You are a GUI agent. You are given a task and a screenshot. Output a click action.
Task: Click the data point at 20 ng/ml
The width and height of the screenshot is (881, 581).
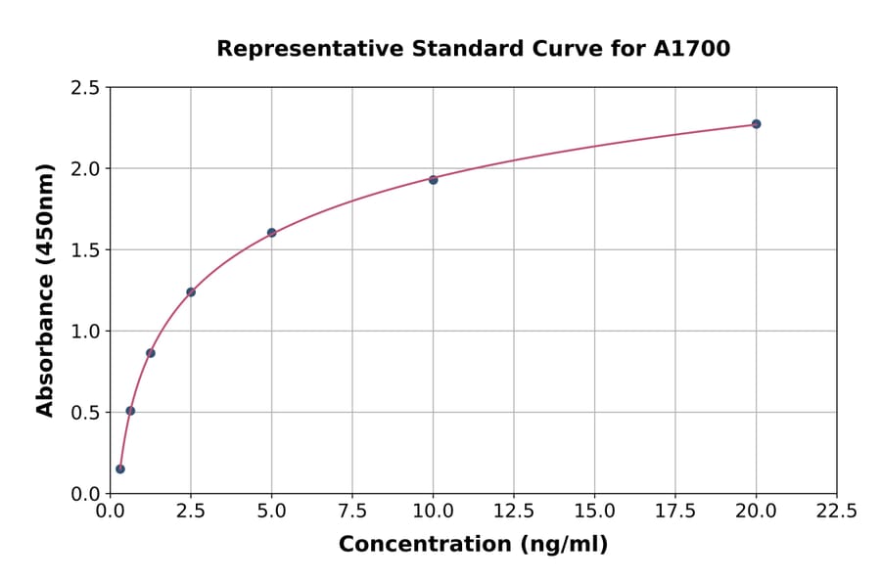756,124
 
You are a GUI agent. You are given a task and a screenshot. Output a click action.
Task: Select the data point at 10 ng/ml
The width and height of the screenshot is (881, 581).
434,180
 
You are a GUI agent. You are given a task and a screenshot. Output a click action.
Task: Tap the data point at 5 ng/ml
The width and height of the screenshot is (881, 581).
272,233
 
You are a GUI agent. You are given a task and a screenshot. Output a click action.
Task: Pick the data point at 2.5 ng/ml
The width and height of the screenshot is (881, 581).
191,291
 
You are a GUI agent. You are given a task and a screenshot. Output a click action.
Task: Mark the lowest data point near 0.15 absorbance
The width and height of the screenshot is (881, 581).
120,469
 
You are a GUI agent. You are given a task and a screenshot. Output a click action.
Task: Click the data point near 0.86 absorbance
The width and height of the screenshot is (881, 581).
151,353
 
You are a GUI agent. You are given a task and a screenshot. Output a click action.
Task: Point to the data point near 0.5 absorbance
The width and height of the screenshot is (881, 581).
130,411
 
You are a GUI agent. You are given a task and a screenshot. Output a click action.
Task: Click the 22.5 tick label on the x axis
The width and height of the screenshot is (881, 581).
836,512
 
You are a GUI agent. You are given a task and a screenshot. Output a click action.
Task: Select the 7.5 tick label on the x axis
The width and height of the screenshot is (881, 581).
352,512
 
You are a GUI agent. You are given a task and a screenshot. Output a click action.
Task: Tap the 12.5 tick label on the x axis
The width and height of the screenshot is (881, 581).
514,512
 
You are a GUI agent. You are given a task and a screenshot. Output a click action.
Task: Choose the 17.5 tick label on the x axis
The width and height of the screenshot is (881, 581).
675,512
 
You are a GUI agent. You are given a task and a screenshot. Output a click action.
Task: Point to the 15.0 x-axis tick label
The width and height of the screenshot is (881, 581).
594,512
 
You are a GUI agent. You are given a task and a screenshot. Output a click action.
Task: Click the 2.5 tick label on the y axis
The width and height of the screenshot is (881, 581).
84,88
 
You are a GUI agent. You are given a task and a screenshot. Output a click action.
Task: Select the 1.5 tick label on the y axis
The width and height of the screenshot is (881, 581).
84,250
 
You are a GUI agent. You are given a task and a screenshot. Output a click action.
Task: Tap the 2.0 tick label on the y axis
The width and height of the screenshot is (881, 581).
84,169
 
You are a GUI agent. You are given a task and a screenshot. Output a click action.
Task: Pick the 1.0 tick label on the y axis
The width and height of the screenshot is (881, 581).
84,332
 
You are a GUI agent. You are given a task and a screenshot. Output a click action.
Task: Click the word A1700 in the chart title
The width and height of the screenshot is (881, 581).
691,49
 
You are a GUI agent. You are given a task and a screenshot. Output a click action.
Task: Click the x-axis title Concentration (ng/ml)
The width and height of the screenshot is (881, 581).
473,545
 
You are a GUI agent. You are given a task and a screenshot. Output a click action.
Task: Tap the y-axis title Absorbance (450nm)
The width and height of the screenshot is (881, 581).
45,290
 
